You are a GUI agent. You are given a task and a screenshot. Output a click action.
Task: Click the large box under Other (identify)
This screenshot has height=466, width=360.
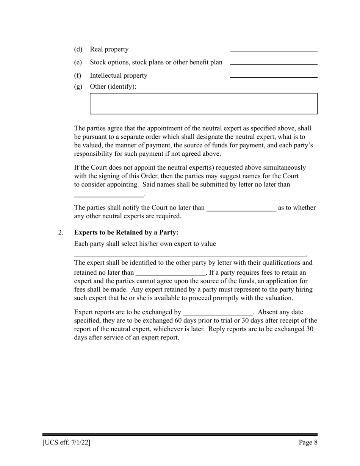pos(203,103)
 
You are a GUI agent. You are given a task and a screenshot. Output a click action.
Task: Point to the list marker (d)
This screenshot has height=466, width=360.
pos(78,50)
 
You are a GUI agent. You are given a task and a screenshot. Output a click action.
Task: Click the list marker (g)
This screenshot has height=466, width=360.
pos(78,87)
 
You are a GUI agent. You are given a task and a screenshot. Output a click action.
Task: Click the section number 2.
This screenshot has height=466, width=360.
pos(61,232)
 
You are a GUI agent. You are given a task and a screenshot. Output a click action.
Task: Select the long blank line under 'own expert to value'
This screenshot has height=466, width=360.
pos(189,255)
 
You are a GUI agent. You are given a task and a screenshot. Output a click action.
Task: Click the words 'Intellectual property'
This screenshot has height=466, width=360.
pos(118,76)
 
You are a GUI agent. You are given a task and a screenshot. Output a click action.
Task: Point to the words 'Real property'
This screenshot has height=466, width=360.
pos(109,50)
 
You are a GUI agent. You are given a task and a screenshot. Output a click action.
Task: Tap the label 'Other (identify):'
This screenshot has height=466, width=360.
pos(113,87)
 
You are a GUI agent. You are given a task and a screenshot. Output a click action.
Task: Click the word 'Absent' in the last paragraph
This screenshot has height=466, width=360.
pos(268,312)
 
